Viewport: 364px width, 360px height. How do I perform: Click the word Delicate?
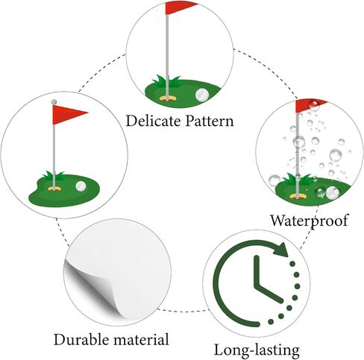(x=153, y=121)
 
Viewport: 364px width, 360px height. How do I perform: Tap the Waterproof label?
(x=309, y=221)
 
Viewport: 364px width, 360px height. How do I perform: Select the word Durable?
(x=84, y=339)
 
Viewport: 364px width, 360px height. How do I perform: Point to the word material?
(x=143, y=339)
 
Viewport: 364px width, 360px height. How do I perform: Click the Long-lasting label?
(x=257, y=351)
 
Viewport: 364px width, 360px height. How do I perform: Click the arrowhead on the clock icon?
(x=280, y=250)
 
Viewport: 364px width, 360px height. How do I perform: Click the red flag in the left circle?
(x=70, y=115)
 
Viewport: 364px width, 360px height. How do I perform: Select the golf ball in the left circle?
(x=81, y=186)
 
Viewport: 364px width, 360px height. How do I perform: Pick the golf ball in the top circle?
(x=202, y=95)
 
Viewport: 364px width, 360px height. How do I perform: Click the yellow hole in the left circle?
(x=54, y=189)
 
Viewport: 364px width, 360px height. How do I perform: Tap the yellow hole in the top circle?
(x=167, y=98)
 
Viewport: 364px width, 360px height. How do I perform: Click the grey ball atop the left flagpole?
(x=54, y=101)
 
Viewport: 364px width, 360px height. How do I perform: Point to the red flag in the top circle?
(x=181, y=7)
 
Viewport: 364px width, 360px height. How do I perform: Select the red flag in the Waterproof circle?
(x=311, y=106)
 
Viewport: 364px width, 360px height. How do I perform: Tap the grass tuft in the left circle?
(x=53, y=176)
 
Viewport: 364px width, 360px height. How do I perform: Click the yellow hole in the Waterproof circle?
(x=298, y=197)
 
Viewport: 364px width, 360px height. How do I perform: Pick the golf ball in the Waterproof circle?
(x=333, y=193)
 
